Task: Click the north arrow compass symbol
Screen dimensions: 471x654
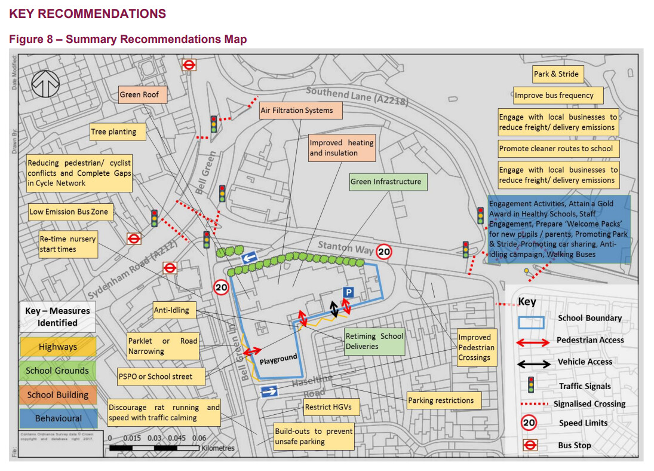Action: (45, 84)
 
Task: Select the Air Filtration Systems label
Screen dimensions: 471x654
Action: (296, 111)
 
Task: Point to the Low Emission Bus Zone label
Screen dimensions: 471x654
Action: (69, 212)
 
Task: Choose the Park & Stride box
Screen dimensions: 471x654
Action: (557, 74)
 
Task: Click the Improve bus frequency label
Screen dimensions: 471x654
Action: (554, 95)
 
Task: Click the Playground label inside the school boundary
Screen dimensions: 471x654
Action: (278, 359)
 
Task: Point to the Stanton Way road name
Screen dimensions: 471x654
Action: (346, 247)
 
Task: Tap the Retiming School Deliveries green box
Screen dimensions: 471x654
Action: (374, 341)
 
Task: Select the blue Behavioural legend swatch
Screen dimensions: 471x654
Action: (58, 418)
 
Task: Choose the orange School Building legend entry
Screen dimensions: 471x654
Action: (58, 394)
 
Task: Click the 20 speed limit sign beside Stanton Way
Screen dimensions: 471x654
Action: (384, 252)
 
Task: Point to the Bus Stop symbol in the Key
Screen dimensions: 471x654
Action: (530, 445)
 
